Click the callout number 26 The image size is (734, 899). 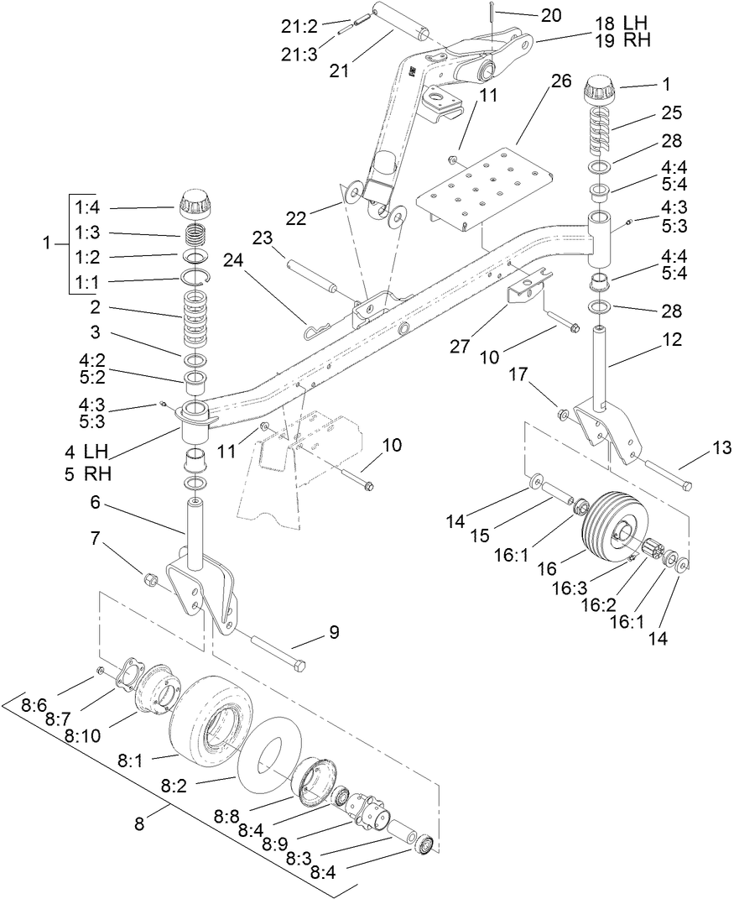(560, 81)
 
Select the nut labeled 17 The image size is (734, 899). (564, 414)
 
